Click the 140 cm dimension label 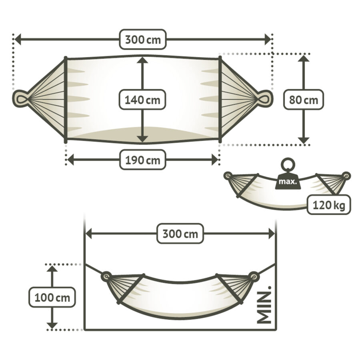142,100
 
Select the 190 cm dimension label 142,160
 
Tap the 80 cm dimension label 304,100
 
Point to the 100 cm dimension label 52,297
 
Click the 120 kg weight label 329,205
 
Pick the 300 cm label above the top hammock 142,39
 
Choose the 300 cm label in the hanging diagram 180,234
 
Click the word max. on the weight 288,182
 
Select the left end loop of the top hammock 20,99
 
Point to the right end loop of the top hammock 265,99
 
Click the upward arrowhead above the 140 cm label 142,60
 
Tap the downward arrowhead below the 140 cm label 142,139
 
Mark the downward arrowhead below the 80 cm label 304,140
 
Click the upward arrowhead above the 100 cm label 52,269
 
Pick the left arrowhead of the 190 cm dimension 70,160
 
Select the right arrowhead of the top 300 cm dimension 268,39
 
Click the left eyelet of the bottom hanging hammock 106,276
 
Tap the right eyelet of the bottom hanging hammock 254,276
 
